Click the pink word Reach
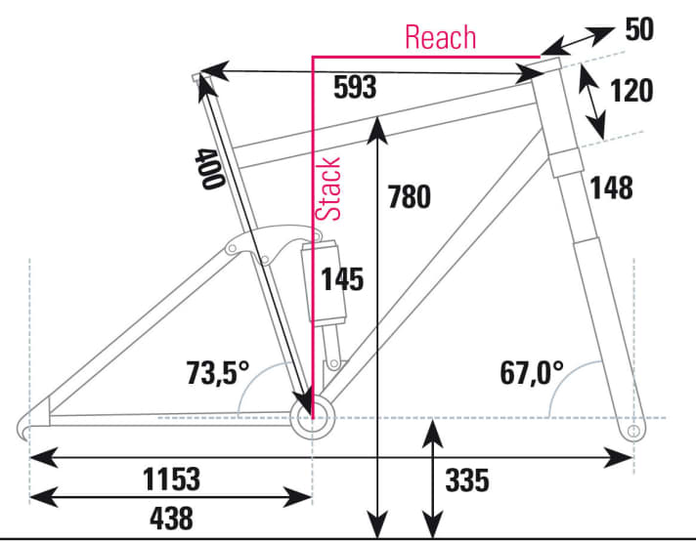(440, 37)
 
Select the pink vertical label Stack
(330, 188)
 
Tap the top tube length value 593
(354, 88)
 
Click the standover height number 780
(409, 196)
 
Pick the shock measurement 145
(343, 279)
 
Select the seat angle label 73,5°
(218, 372)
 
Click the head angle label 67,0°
(532, 372)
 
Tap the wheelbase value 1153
(172, 479)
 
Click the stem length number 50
(639, 29)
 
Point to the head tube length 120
(632, 92)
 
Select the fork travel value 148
(612, 187)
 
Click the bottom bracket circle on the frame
(312, 419)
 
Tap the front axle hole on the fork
(632, 430)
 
